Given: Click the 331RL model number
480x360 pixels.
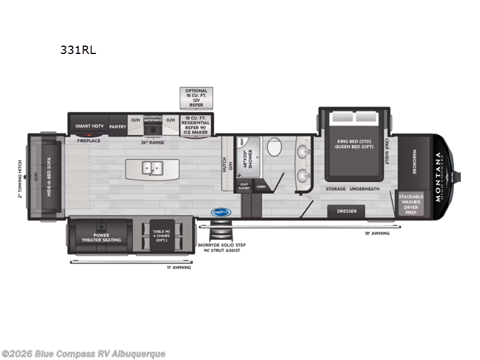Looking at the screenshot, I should pos(77,50).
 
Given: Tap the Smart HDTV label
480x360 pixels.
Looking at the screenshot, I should pos(89,127).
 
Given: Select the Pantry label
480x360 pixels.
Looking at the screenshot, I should pos(118,127).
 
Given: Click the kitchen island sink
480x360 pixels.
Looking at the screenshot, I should pos(150,168).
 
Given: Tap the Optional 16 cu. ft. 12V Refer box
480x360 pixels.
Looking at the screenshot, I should pos(196,97).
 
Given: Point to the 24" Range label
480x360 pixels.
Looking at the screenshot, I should pos(152,142).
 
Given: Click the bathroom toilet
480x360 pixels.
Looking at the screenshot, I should pos(274,146).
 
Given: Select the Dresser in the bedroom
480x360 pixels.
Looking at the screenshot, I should pos(347,211).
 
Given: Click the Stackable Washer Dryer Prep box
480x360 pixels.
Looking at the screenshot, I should pos(411,204).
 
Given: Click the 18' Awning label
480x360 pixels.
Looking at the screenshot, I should pos(377,233).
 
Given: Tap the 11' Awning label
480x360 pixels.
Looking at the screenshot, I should pos(179,267).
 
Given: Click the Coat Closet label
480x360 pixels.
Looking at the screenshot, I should pos(244,187).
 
